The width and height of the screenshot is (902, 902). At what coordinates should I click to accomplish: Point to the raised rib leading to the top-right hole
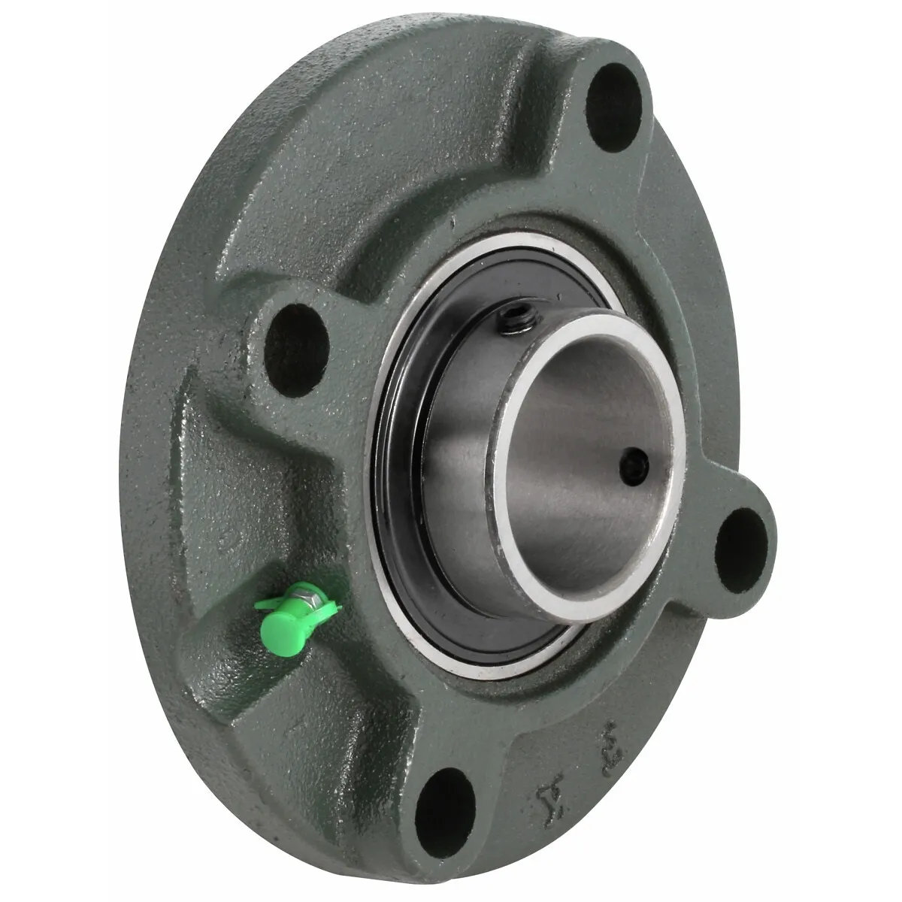(526, 150)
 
